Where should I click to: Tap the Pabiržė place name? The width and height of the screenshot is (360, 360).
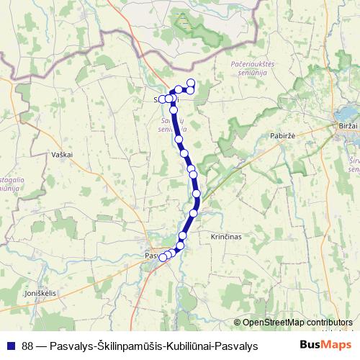264,135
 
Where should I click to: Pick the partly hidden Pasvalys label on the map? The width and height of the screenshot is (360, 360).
152,256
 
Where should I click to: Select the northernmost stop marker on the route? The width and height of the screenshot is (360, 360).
191,82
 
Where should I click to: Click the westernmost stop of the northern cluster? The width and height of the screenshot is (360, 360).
162,99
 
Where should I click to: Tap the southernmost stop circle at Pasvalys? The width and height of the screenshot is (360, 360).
163,257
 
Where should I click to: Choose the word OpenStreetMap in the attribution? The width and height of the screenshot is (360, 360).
275,323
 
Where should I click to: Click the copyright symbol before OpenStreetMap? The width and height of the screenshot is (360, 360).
238,323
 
